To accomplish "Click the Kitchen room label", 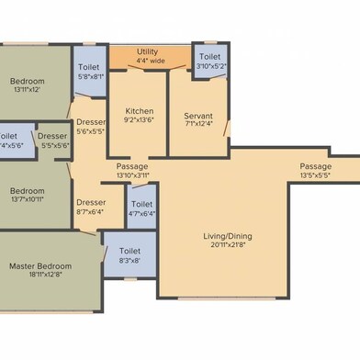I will click(139, 109).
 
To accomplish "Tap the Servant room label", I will click(198, 115).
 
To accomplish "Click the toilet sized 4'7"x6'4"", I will click(142, 208).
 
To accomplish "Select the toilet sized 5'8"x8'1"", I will click(89, 73).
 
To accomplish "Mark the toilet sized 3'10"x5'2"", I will click(208, 62).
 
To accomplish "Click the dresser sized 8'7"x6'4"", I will click(91, 207).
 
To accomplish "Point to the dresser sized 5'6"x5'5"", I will click(90, 127).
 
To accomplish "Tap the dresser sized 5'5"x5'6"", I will click(52, 141).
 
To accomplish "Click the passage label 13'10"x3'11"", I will click(133, 171).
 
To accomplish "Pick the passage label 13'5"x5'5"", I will click(315, 171).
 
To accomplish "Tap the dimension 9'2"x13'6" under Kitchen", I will click(139, 119).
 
